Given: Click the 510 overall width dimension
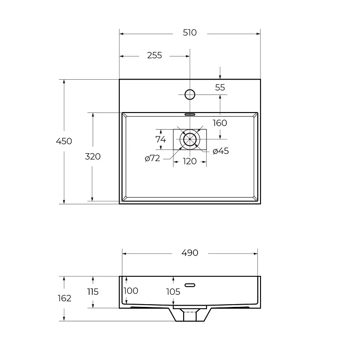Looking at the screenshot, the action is [189, 32].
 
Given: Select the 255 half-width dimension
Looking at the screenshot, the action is [154, 55].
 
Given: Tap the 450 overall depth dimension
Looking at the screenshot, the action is [64, 141].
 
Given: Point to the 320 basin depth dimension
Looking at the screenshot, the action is [93, 157].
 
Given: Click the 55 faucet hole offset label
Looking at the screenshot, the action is [220, 87].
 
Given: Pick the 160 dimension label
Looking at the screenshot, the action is [220, 123].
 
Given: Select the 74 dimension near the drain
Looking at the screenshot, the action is [161, 139].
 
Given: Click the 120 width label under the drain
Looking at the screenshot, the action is [189, 162].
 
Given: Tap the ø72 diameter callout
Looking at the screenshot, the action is [153, 158].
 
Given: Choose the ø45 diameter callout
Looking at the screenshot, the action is [221, 151].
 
